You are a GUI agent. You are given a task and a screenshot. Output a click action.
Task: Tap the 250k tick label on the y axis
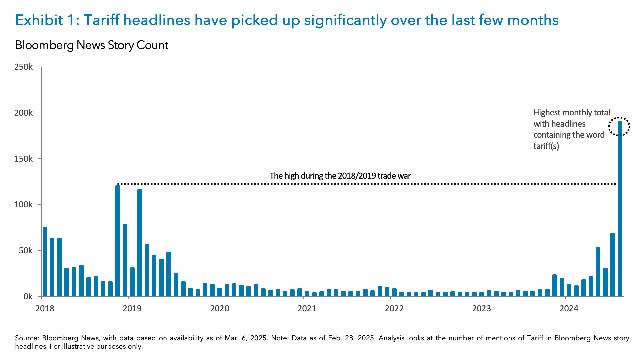coord(24,67)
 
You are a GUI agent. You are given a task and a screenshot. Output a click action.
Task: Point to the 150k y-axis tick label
coord(24,159)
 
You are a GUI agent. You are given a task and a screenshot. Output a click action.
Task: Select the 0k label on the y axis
coord(28,296)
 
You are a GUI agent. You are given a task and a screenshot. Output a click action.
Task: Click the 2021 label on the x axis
coord(307,308)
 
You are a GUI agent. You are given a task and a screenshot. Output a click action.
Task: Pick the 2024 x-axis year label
coord(569,308)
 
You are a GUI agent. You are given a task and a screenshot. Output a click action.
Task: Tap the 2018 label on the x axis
coord(45,308)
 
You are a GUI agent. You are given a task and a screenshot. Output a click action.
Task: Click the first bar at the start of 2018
coord(45,262)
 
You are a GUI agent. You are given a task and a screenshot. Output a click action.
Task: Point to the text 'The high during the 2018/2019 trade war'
coord(340,176)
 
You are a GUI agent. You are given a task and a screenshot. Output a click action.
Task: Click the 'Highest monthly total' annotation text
coord(572,113)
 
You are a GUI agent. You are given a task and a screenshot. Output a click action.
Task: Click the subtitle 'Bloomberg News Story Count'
coord(92,45)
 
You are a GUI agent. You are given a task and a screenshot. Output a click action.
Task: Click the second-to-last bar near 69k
coord(612,265)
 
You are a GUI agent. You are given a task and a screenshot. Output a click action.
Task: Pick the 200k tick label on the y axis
coord(24,113)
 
